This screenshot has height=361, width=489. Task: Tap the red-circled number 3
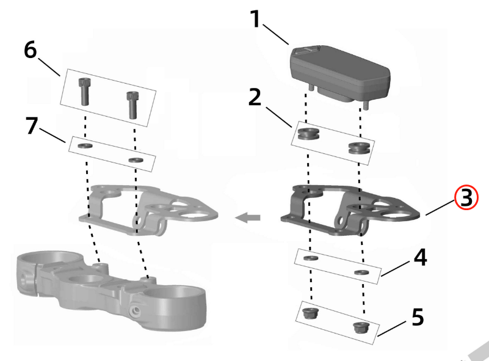coord(466,198)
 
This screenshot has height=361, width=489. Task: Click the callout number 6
coord(30,50)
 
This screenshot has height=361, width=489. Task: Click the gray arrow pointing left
coord(248,217)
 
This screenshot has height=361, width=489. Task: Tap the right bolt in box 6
coord(132,103)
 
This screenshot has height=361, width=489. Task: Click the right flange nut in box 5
coord(360,327)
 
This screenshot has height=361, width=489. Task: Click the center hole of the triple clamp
coord(90,281)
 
